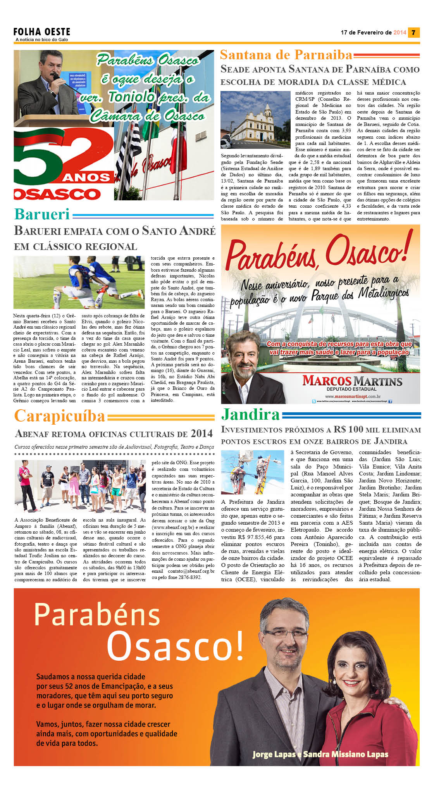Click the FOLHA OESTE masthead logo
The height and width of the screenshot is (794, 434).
click(x=42, y=32)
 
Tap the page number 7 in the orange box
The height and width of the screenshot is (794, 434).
click(x=413, y=33)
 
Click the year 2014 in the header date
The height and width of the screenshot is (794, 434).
click(x=400, y=33)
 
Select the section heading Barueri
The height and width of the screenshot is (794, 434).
click(x=42, y=214)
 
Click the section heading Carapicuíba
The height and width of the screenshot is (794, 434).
click(x=60, y=416)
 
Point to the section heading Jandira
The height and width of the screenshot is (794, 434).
click(x=250, y=414)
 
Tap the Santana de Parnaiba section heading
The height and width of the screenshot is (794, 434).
click(x=286, y=55)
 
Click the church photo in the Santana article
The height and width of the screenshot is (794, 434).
click(x=255, y=120)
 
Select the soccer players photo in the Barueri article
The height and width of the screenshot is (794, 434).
click(x=79, y=282)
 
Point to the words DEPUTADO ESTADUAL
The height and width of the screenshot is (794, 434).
click(x=351, y=389)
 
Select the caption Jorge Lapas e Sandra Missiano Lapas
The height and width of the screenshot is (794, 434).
click(x=320, y=754)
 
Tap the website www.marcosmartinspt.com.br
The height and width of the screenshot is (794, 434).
click(x=352, y=396)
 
